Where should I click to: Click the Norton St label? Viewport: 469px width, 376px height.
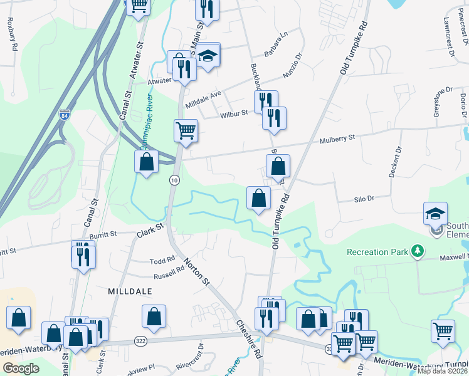196,271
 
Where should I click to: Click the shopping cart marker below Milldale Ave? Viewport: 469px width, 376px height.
186,131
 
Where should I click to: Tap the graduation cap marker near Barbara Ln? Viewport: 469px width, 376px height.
207,54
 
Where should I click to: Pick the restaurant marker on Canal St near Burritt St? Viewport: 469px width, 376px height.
83,254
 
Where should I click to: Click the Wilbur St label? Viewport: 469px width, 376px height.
234,113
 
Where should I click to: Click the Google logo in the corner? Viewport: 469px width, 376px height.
21,368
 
